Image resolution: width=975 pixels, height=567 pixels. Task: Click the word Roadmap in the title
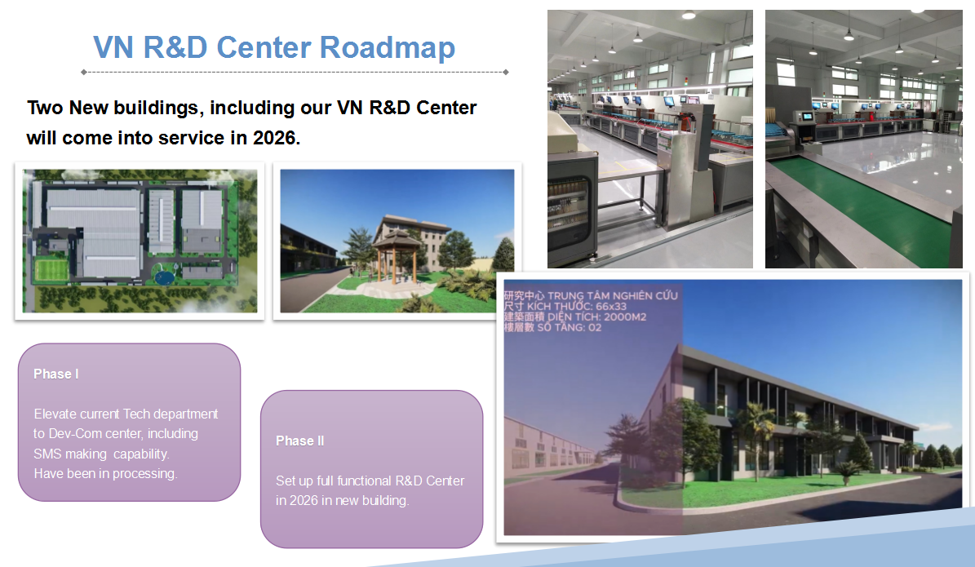pos(388,48)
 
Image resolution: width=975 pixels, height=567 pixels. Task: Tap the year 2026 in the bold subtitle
pos(276,137)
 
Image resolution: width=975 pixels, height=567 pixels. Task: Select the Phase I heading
pos(56,374)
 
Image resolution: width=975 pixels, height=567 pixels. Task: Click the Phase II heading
pos(299,441)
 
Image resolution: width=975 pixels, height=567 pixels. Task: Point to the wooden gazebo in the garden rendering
pos(396,258)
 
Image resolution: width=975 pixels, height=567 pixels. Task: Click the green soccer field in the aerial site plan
pos(51,270)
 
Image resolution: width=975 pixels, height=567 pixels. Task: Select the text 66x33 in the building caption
pos(610,307)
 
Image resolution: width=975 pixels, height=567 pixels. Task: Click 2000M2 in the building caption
pos(625,317)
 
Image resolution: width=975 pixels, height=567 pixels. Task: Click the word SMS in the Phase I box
pos(47,454)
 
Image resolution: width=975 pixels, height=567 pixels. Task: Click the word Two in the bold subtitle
pos(46,108)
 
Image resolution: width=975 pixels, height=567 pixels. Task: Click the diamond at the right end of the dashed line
pos(506,72)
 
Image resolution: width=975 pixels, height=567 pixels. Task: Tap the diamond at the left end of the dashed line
pos(84,72)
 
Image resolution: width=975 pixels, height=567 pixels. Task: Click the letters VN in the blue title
pos(113,48)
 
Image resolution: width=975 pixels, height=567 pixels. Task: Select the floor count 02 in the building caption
pos(595,328)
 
